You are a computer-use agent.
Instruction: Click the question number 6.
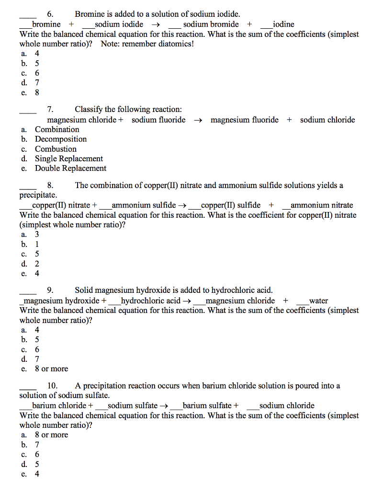pyautogui.click(x=50, y=14)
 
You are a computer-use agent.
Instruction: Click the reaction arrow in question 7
pyautogui.click(x=198, y=120)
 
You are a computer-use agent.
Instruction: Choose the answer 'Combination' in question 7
pyautogui.click(x=57, y=129)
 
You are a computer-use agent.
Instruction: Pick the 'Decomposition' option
pyautogui.click(x=61, y=139)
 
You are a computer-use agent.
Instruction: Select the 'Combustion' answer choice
pyautogui.click(x=56, y=149)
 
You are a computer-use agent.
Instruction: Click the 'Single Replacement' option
pyautogui.click(x=69, y=158)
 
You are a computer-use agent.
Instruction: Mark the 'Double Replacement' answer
pyautogui.click(x=70, y=168)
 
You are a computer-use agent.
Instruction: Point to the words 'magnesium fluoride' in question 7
pyautogui.click(x=244, y=120)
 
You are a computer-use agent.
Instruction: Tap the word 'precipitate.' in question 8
pyautogui.click(x=38, y=195)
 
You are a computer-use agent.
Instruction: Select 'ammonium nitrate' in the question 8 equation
pyautogui.click(x=322, y=205)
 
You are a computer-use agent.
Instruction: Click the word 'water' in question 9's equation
pyautogui.click(x=318, y=301)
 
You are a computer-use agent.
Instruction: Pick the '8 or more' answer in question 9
pyautogui.click(x=51, y=369)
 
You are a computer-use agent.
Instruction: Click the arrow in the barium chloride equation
pyautogui.click(x=164, y=406)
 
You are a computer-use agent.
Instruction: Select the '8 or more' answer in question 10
pyautogui.click(x=51, y=435)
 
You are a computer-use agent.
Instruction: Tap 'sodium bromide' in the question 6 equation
pyautogui.click(x=211, y=24)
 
